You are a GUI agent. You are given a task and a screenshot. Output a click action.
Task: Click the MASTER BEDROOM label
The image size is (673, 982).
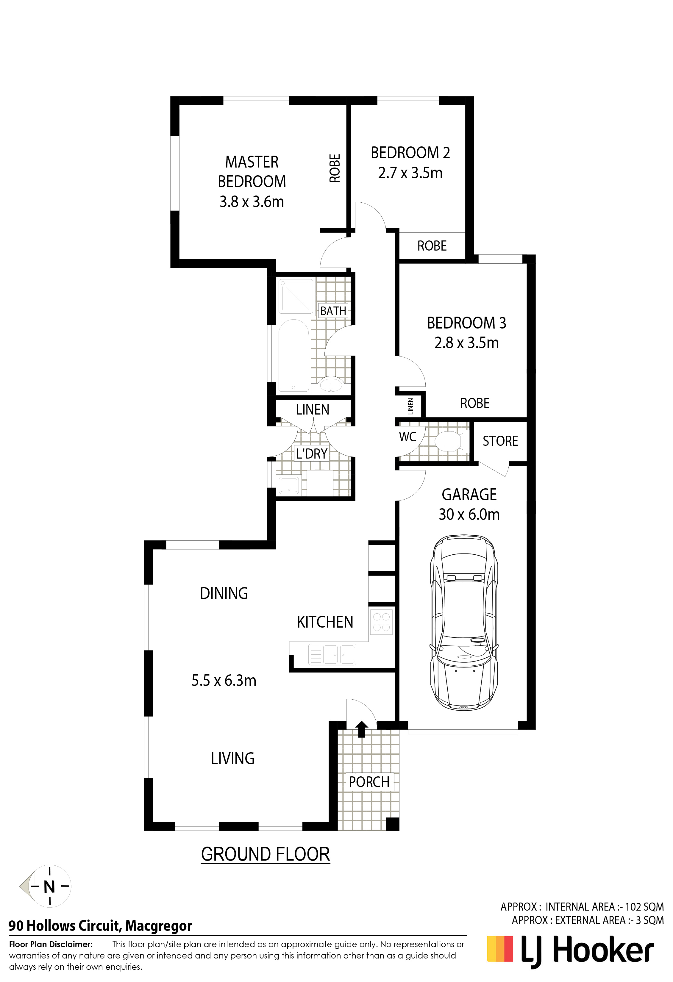pyautogui.click(x=252, y=172)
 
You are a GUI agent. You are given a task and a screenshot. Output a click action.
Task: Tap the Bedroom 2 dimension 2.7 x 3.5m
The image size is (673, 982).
pyautogui.click(x=410, y=173)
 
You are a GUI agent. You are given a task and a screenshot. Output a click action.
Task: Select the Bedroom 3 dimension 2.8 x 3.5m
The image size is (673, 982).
pyautogui.click(x=466, y=343)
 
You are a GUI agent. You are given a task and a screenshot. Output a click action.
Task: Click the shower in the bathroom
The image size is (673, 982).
pyautogui.click(x=296, y=295)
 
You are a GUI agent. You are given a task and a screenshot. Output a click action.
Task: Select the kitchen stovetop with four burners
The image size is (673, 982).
pyautogui.click(x=381, y=622)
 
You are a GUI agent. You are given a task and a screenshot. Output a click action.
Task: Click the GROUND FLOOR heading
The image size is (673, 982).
pyautogui.click(x=266, y=854)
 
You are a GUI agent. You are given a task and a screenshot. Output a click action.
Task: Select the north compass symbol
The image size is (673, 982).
pyautogui.click(x=46, y=886)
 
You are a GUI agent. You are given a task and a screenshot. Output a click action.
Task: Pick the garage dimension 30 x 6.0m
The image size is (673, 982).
pyautogui.click(x=469, y=514)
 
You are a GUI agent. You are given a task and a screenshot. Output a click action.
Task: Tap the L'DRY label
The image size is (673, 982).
pyautogui.click(x=312, y=454)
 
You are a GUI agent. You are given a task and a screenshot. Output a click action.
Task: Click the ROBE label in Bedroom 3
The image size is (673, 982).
pyautogui.click(x=475, y=403)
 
